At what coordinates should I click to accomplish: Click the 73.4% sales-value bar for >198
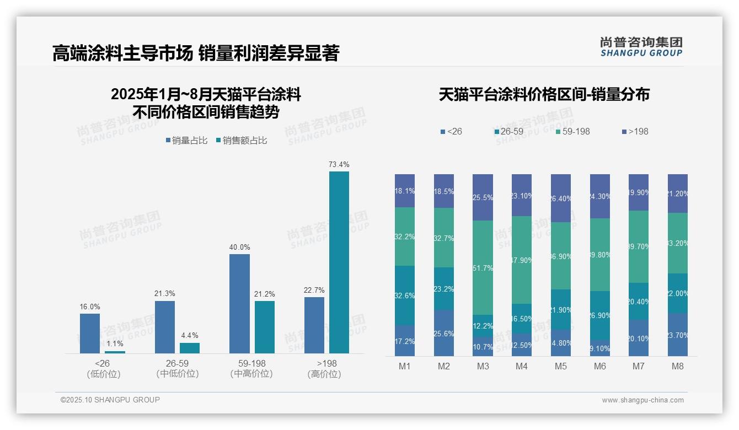coord(339,262)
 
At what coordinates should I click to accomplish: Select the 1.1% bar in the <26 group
coord(115,352)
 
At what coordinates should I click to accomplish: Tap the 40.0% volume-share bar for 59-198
coord(239,304)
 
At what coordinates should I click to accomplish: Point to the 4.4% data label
coord(190,335)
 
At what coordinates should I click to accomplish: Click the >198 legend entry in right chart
coord(635,132)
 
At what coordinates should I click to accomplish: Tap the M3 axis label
coord(483,367)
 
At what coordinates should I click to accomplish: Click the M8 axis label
coord(678,367)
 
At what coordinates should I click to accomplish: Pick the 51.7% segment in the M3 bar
coord(483,267)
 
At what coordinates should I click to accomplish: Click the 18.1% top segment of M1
coord(405,191)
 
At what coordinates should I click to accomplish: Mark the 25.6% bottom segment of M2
coord(444,333)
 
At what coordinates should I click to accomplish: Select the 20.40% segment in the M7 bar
coord(639,301)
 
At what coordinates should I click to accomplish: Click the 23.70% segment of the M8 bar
coord(678,335)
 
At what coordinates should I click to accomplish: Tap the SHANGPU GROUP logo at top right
coord(641,46)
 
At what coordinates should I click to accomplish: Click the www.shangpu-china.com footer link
coord(642,400)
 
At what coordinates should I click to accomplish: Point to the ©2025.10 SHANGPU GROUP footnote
coord(110,400)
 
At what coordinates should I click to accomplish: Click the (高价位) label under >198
coord(324,374)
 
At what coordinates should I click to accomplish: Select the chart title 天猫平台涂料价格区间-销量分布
coord(544,95)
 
